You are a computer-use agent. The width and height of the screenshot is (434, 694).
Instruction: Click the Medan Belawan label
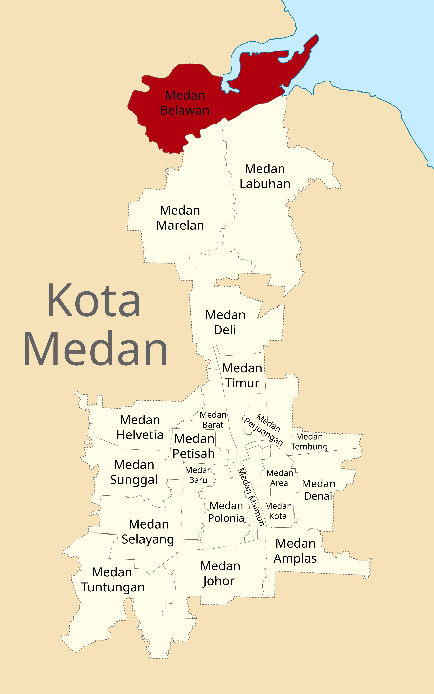[185, 103]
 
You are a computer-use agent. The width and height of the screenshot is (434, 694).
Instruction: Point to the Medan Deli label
[225, 322]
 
